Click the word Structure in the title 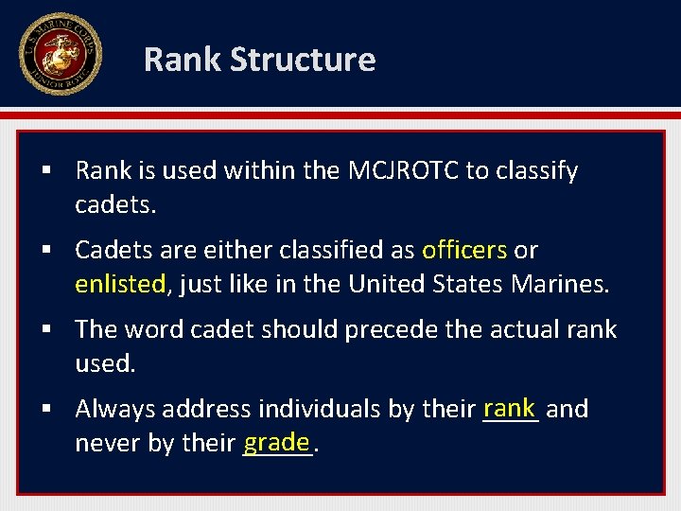(303, 60)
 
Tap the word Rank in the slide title (183, 60)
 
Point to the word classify (535, 172)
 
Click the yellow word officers (464, 250)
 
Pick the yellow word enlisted (120, 284)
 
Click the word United (387, 284)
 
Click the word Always (115, 410)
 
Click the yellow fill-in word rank (509, 407)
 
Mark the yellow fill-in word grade (276, 441)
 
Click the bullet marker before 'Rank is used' (45, 171)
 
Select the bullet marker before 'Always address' (45, 410)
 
